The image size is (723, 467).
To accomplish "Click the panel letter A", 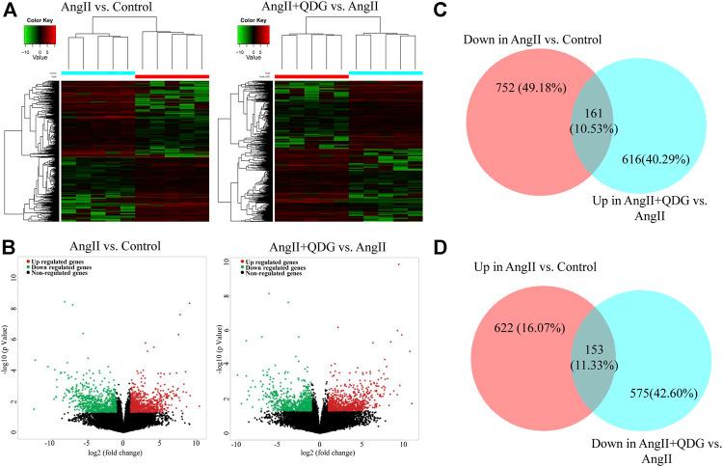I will pos(10,12).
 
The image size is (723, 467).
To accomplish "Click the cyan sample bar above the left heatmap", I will pos(97,73).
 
